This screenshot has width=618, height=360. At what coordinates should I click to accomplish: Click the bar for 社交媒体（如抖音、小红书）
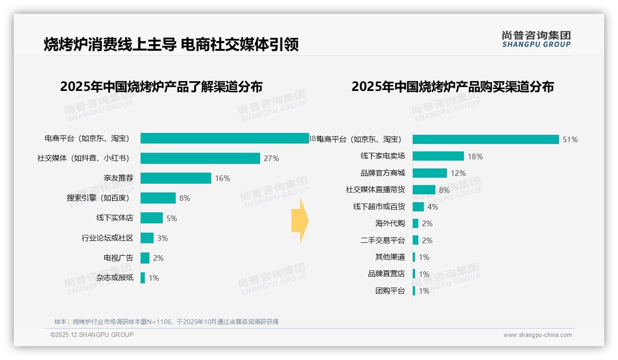tap(200, 158)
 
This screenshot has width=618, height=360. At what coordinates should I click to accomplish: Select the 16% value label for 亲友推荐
tap(222, 178)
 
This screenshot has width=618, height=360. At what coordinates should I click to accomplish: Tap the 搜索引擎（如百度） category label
tap(100, 198)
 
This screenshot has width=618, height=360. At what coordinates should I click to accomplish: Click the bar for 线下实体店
tap(152, 218)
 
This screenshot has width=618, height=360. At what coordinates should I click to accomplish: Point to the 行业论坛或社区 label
tap(107, 238)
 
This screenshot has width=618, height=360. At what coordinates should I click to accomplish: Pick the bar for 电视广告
tap(145, 258)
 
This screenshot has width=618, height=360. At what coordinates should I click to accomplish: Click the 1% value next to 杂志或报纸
tap(154, 278)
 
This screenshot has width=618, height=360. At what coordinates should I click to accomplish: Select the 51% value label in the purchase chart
tap(570, 139)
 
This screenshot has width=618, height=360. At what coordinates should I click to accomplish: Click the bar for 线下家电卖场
tap(438, 156)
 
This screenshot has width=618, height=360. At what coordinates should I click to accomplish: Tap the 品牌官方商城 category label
tap(382, 173)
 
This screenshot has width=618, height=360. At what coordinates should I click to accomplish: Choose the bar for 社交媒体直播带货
tap(424, 190)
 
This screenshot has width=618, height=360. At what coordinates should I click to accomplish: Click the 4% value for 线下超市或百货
tap(433, 207)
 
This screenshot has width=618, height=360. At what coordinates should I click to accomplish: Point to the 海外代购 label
tap(390, 223)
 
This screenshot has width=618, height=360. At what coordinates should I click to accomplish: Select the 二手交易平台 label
tap(382, 240)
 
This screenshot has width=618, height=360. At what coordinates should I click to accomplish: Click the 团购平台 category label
tap(390, 291)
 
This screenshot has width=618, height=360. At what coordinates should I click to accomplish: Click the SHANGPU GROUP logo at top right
tap(536, 39)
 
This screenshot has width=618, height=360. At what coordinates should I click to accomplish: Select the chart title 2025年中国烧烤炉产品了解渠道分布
tap(161, 87)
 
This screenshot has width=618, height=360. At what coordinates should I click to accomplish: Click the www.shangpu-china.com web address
tap(537, 335)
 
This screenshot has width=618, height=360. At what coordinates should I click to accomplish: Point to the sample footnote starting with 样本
tap(166, 322)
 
